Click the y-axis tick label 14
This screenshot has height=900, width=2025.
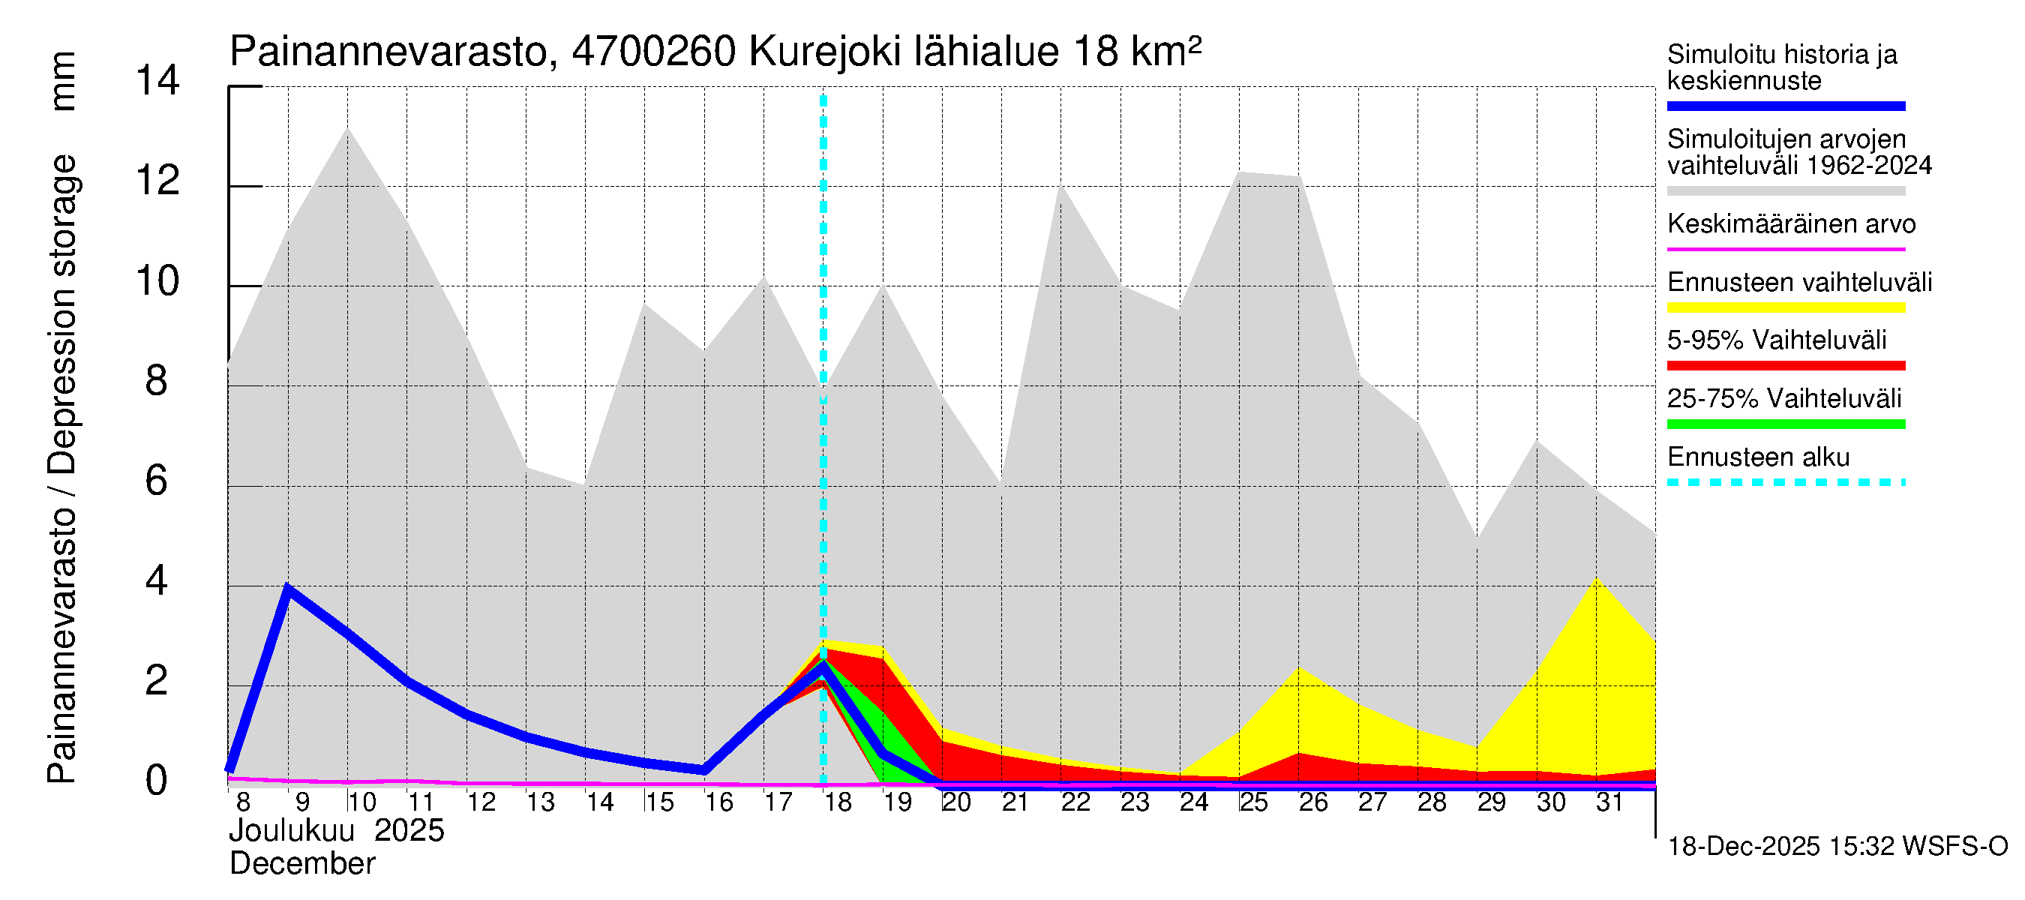coord(157,81)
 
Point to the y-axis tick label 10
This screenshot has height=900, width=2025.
coord(157,281)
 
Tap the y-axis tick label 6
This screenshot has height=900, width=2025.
coord(157,481)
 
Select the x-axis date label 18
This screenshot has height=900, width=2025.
coord(838,802)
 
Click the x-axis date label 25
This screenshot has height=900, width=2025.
coord(1254,802)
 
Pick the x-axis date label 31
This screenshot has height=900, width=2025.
coord(1609,802)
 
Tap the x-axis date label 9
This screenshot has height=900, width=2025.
coord(301,802)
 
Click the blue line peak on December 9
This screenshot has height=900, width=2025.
coord(288,588)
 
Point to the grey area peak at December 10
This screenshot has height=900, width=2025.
coord(347,129)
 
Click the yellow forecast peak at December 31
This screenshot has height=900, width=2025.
coord(1597,579)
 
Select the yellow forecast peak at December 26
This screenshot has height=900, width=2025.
coord(1300,668)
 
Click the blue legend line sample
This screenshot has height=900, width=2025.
coord(1785,106)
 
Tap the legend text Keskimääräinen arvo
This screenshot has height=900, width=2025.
coord(1791,225)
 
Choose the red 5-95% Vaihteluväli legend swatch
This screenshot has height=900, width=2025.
coord(1785,365)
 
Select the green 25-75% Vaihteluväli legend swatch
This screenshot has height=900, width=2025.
coord(1785,424)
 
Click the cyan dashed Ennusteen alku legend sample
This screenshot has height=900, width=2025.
coord(1785,481)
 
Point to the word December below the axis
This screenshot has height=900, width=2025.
coord(301,864)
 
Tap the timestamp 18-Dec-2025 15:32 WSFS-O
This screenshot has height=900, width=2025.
coord(1837,847)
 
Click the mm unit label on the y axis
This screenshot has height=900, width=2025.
coord(63,82)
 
